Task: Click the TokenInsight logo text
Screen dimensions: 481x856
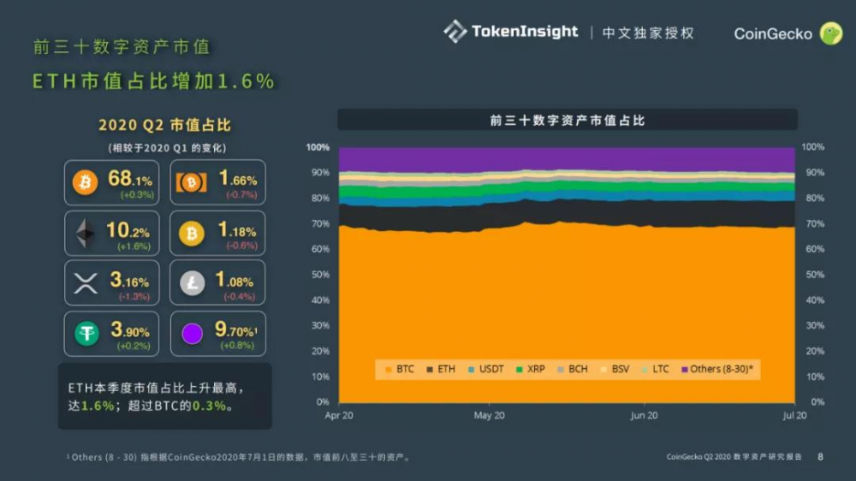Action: (524, 32)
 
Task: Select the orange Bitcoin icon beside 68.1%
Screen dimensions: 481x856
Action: (86, 181)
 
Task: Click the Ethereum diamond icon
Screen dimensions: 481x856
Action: (86, 233)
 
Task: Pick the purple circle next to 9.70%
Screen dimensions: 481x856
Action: (193, 334)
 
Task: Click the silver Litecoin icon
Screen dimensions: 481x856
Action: (192, 283)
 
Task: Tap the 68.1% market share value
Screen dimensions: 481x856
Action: (130, 180)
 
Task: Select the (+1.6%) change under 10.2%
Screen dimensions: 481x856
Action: (134, 246)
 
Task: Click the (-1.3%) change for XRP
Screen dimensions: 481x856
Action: (134, 296)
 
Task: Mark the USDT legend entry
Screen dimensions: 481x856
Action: (487, 369)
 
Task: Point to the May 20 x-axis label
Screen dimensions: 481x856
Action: (490, 415)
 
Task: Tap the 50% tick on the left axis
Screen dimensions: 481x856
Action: (318, 275)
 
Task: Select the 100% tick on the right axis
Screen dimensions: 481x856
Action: (813, 147)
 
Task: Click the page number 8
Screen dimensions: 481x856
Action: (820, 457)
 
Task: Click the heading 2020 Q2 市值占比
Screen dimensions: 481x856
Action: (164, 125)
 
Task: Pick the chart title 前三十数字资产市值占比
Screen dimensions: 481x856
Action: (567, 121)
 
